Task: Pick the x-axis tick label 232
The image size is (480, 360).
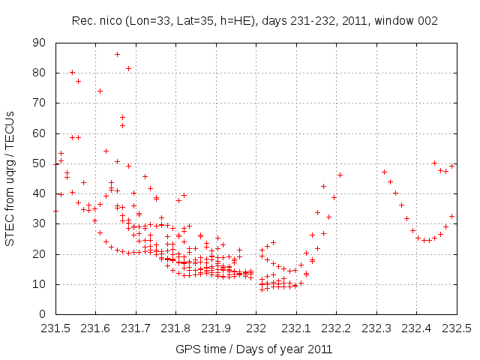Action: (x=256, y=328)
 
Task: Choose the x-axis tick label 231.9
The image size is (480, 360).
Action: (x=216, y=328)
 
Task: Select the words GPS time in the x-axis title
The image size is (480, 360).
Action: (x=197, y=349)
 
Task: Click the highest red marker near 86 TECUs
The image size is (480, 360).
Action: (x=117, y=54)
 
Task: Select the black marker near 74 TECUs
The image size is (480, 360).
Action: (x=100, y=91)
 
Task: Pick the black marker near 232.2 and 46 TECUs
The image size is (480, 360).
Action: (x=340, y=175)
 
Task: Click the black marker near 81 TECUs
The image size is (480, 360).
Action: (x=128, y=69)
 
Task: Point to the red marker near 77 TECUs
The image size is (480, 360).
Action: (x=78, y=81)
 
